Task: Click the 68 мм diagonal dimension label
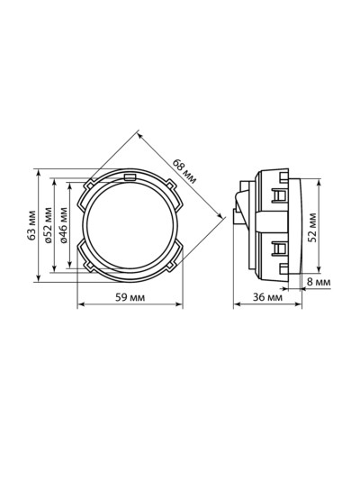point(184,171)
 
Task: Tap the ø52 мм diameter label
point(49,225)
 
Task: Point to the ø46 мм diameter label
point(64,225)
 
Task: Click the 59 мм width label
point(130,297)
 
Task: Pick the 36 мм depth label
point(267,297)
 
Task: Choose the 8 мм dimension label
point(319,282)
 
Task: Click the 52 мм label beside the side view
point(312,228)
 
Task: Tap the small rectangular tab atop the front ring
point(130,177)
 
